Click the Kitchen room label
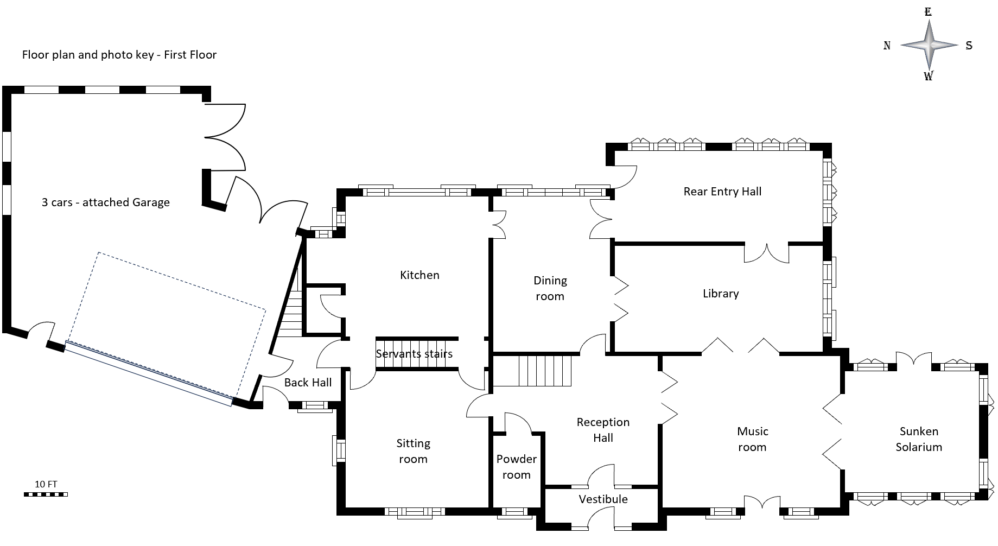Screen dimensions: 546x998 pyautogui.click(x=419, y=275)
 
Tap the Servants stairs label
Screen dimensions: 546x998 pyautogui.click(x=414, y=354)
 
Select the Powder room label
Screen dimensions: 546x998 pyautogui.click(x=516, y=467)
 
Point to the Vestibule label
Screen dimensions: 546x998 pyautogui.click(x=603, y=499)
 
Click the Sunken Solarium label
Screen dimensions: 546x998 pyautogui.click(x=918, y=439)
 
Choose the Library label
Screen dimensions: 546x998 pyautogui.click(x=720, y=294)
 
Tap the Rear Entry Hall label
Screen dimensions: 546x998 pyautogui.click(x=722, y=192)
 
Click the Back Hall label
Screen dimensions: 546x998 pyautogui.click(x=308, y=383)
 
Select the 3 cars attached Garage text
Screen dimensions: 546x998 pyautogui.click(x=106, y=202)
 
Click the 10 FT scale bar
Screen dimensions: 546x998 pyautogui.click(x=46, y=494)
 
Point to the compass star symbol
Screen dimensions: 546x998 pyautogui.click(x=929, y=45)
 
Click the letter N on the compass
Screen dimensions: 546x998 pyautogui.click(x=887, y=46)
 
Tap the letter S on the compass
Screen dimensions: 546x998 pyautogui.click(x=969, y=46)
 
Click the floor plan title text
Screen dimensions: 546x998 pyautogui.click(x=119, y=55)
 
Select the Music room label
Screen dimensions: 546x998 pyautogui.click(x=752, y=439)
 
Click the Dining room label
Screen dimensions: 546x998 pyautogui.click(x=550, y=288)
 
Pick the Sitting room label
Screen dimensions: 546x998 pyautogui.click(x=413, y=451)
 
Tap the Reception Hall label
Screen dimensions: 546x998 pyautogui.click(x=602, y=430)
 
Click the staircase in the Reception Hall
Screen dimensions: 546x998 pyautogui.click(x=545, y=370)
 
